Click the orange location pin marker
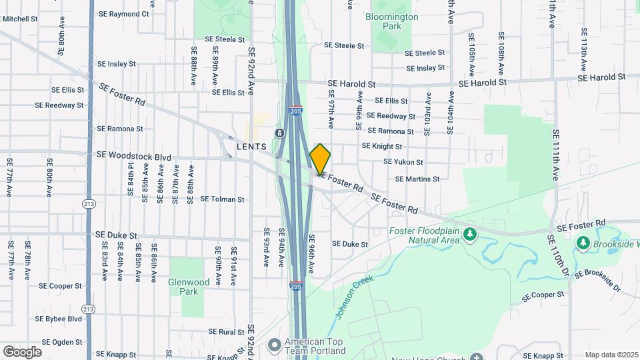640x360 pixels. coord(321,158)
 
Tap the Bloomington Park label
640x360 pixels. coord(392,21)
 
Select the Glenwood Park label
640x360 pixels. coord(189,287)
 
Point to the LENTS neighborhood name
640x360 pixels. coord(251,146)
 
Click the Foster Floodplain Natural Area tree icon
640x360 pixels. coord(470,234)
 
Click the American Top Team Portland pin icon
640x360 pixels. coord(273,345)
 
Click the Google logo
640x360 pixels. coord(22,351)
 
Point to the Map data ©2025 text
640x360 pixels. coord(611,355)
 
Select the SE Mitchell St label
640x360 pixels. coord(19,19)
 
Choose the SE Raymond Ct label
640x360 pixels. coord(123,13)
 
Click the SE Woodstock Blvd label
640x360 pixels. coord(133,155)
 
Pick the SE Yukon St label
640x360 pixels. coord(403,162)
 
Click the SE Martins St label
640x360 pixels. coord(417,179)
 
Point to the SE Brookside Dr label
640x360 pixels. coord(598,281)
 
